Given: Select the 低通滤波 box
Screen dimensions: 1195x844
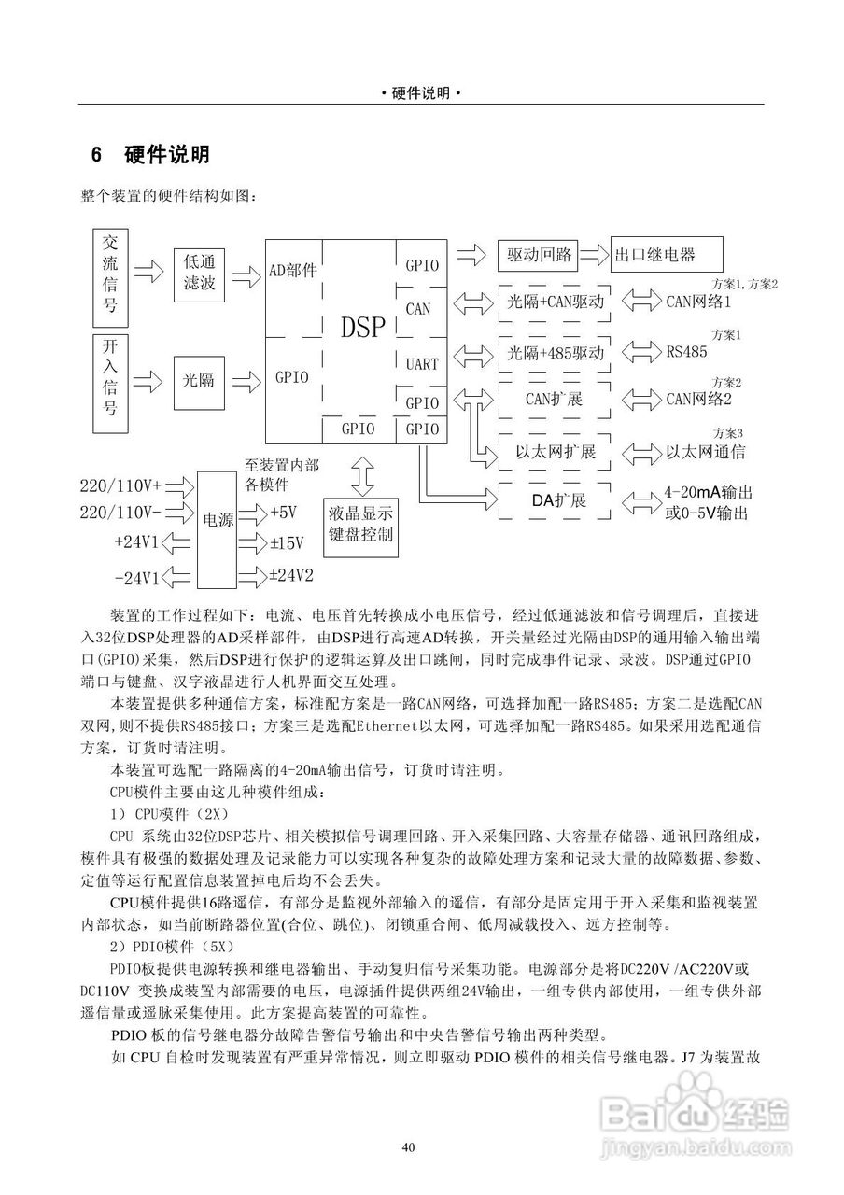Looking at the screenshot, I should (200, 274).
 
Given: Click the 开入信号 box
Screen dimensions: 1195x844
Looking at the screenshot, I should (110, 378).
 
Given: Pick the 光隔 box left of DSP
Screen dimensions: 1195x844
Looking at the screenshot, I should (200, 379).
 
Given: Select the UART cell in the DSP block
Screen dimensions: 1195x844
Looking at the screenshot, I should (422, 364).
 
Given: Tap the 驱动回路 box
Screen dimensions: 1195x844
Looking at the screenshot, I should (538, 254).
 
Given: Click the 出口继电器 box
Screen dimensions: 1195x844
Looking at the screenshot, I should (667, 254).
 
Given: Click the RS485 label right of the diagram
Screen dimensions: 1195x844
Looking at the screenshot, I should (686, 353).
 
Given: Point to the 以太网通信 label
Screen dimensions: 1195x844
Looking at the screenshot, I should (704, 453).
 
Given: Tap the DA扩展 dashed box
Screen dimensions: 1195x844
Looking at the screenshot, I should (557, 501).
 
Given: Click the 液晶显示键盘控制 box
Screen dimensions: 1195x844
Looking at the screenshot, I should (360, 523).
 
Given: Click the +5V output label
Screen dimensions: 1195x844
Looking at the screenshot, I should (283, 513).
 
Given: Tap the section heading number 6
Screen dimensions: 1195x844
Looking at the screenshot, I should (96, 154).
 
